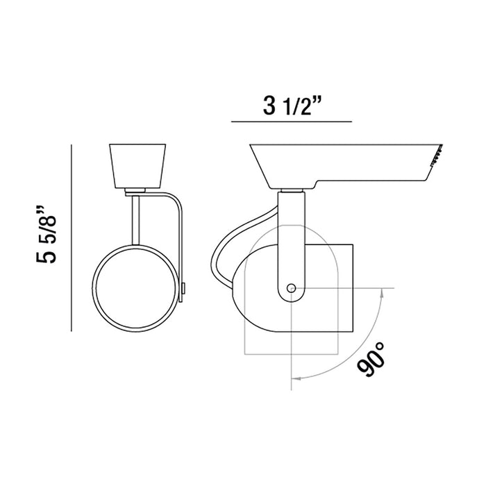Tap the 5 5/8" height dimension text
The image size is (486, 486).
tap(47, 235)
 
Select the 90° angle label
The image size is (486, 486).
tap(371, 359)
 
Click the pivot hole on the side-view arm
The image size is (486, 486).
tap(291, 289)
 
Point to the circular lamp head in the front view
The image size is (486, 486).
tap(135, 288)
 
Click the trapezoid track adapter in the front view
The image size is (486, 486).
tap(137, 166)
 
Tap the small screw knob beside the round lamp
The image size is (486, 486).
tap(184, 288)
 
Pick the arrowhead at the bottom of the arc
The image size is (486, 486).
tap(297, 378)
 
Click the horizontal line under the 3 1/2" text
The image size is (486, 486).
tap(292, 121)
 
